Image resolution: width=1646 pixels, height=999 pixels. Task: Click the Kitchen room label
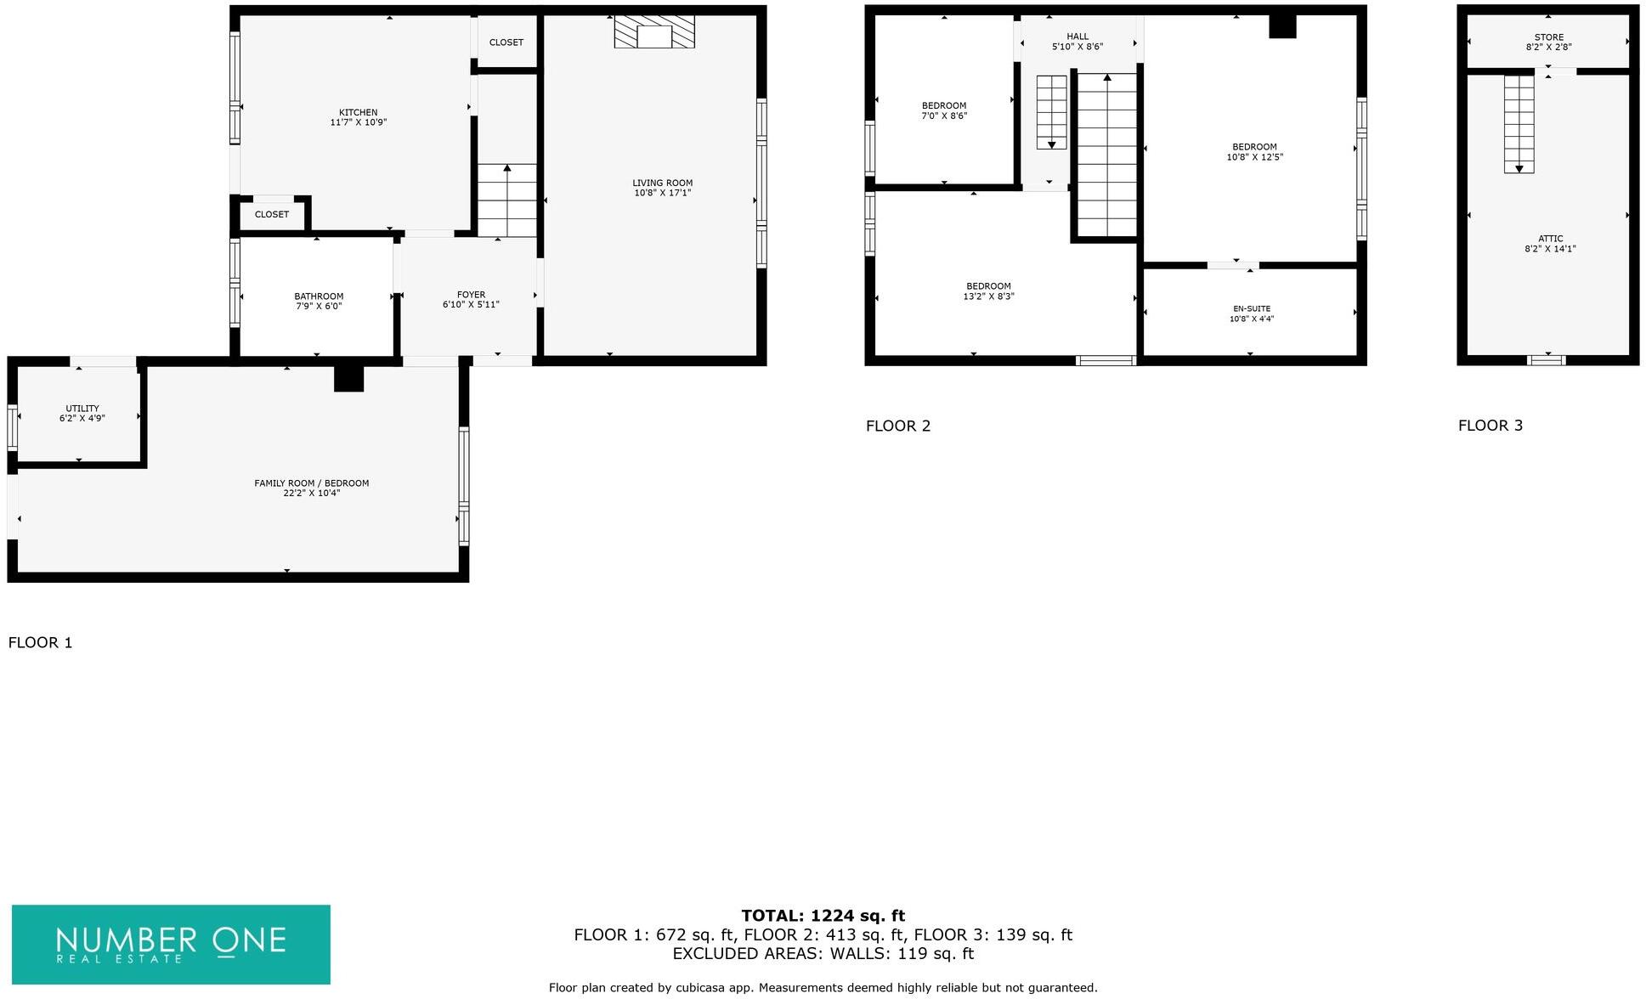[x=358, y=113]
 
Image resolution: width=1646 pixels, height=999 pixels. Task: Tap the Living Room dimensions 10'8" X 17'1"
[x=662, y=194]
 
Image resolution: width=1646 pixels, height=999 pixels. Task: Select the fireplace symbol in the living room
[x=653, y=33]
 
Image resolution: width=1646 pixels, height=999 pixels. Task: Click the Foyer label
[x=471, y=296]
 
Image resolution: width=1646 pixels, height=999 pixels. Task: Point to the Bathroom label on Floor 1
[x=319, y=297]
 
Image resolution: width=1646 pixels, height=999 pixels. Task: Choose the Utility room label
[x=82, y=409]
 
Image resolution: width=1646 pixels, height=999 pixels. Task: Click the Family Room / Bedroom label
[x=311, y=483]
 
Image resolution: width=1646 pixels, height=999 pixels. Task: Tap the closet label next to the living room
[x=506, y=42]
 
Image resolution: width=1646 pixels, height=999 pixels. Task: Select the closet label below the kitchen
[x=272, y=215]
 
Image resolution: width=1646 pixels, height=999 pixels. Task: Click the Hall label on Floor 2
[x=1078, y=37]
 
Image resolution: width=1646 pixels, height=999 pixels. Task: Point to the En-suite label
[x=1252, y=309]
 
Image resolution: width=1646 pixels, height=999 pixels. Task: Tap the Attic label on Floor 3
[x=1550, y=240]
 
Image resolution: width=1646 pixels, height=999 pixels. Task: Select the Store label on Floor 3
[x=1548, y=37]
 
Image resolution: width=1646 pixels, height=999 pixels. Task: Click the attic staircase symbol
[x=1519, y=124]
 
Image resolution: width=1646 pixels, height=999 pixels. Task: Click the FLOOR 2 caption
[x=898, y=426]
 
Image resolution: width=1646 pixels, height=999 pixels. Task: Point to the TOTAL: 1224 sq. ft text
[x=823, y=916]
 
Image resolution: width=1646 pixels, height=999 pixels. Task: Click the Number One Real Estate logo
[x=171, y=945]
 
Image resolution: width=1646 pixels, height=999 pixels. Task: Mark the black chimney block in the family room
[x=348, y=379]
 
